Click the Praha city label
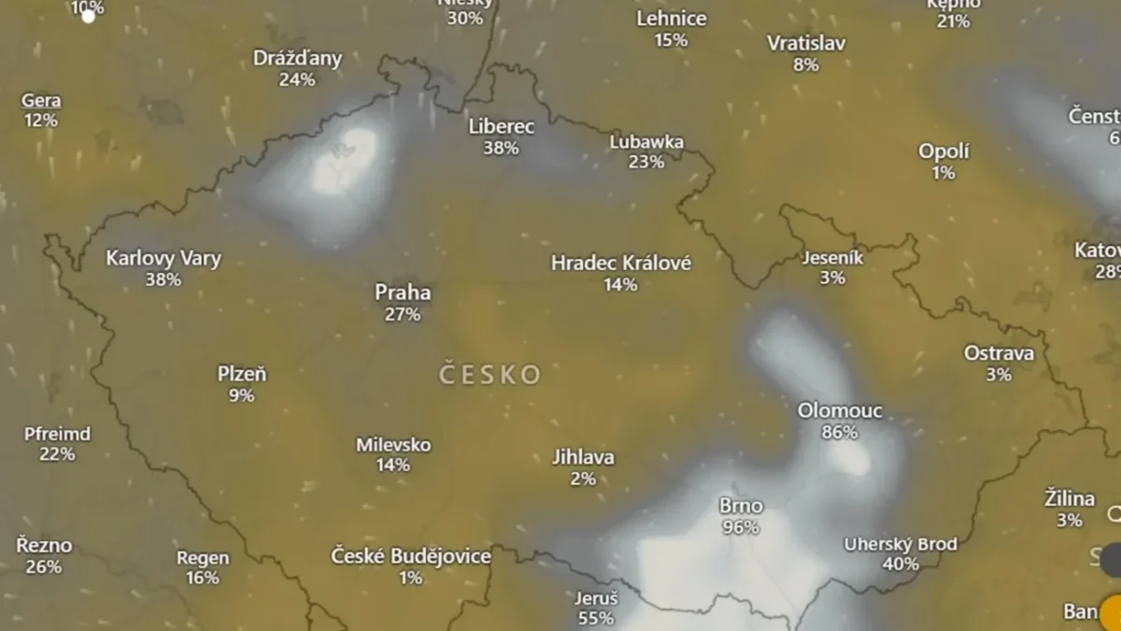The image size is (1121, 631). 403,293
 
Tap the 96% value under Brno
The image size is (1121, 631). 740,527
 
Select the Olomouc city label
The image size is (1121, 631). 840,410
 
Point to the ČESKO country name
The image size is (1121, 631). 490,375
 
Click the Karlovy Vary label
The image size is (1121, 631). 163,258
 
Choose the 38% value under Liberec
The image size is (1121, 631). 501,148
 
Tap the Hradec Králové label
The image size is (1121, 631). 621,263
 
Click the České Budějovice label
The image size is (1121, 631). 411,556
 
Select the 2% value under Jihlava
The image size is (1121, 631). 583,479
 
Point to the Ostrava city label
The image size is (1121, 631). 999,353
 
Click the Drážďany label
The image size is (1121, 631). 297,58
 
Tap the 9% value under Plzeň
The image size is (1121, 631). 241,395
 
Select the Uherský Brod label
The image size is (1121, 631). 901,544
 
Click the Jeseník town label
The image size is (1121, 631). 832,257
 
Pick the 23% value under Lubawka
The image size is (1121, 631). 646,162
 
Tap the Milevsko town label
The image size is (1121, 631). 393,444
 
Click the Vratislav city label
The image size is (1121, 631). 806,43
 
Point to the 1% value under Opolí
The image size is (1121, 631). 944,173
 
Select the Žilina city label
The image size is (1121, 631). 1070,499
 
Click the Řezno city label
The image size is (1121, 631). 44,545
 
